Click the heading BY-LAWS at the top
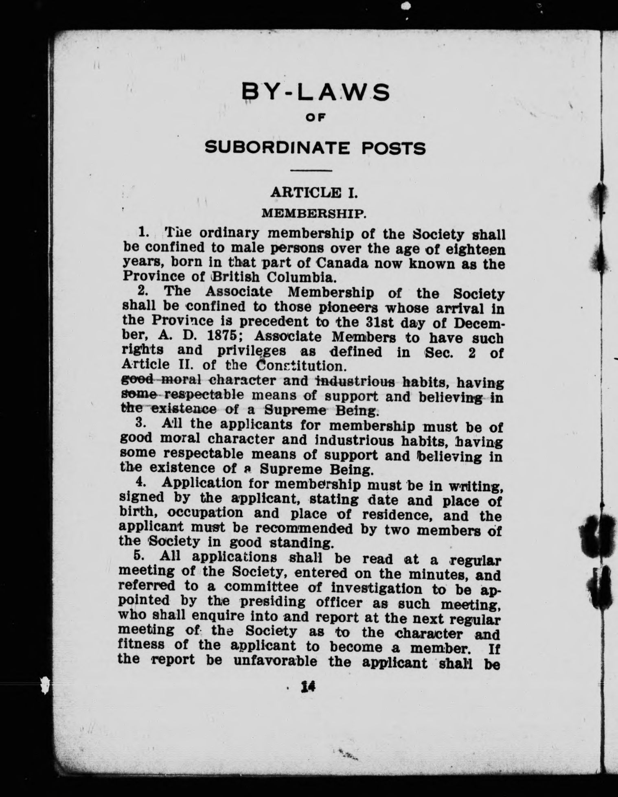pyautogui.click(x=316, y=92)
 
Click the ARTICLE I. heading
pyautogui.click(x=314, y=193)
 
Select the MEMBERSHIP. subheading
pyautogui.click(x=312, y=213)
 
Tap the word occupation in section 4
pyautogui.click(x=205, y=513)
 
